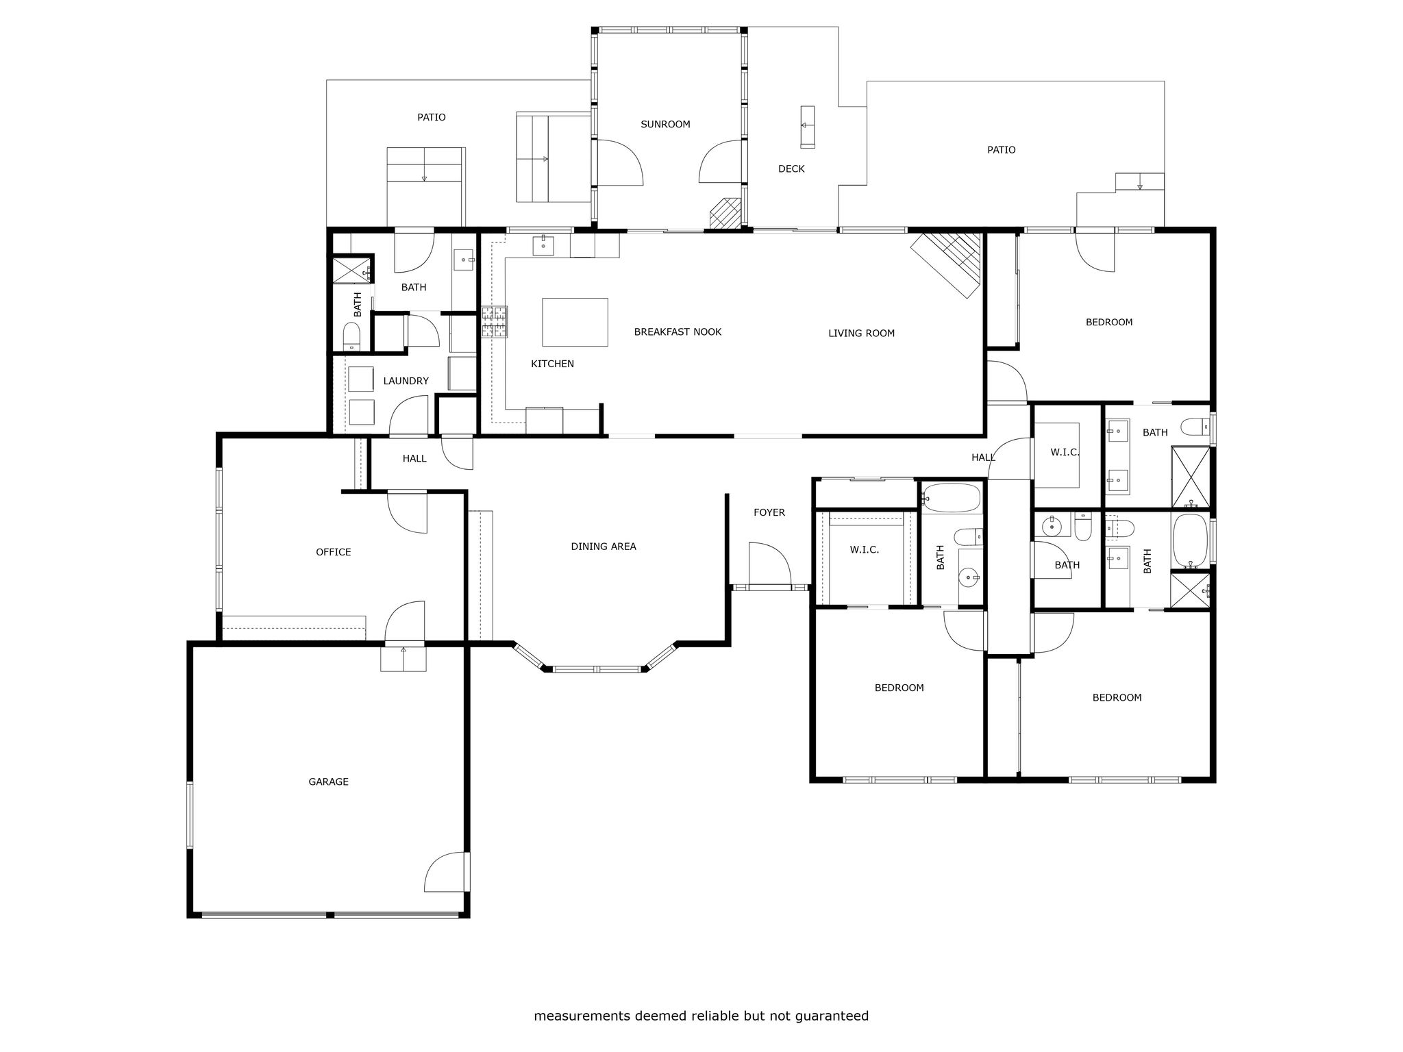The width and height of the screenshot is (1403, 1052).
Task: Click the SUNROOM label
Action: pos(665,125)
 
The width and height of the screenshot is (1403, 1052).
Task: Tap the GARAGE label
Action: pos(329,781)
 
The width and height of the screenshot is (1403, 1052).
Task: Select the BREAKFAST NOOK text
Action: pos(678,332)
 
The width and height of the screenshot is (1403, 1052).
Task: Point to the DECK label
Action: pos(791,169)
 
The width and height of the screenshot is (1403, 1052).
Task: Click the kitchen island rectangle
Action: pos(575,322)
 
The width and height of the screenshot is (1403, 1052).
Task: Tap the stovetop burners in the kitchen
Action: pos(495,322)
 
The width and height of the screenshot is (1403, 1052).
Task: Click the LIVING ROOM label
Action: pos(861,334)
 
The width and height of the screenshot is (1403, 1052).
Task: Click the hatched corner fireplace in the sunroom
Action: pos(727,213)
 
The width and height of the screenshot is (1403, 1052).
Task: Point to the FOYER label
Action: pos(769,512)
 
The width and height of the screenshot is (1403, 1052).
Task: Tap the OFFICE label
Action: pos(334,552)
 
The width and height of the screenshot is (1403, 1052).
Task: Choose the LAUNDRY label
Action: pos(406,381)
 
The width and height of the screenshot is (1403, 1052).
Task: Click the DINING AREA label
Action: pos(604,547)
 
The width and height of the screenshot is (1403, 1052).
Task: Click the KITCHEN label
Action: pos(553,364)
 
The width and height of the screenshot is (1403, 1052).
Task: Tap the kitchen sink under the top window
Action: pos(544,245)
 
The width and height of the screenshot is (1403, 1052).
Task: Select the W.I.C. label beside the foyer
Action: pos(865,549)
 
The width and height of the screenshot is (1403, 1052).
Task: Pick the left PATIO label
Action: pos(432,117)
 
